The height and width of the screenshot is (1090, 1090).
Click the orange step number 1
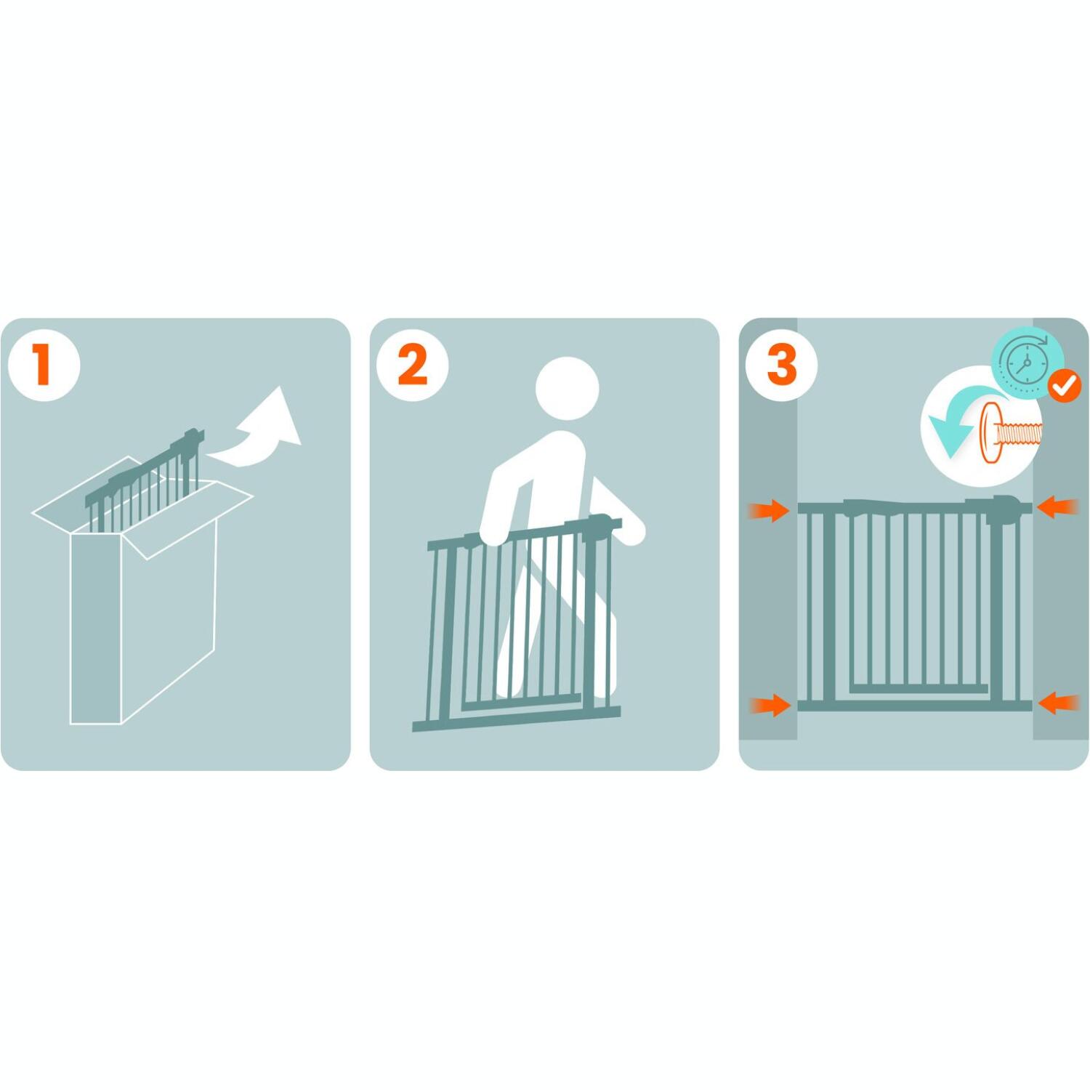click(43, 364)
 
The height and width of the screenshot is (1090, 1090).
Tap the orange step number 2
click(412, 365)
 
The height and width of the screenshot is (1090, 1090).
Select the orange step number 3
click(782, 364)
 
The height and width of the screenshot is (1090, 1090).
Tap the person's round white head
click(567, 389)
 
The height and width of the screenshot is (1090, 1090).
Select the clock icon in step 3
click(1027, 363)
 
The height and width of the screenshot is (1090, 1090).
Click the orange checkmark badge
click(1065, 385)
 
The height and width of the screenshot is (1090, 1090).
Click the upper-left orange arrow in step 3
click(769, 510)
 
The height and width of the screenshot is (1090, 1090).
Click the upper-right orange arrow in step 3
click(1057, 506)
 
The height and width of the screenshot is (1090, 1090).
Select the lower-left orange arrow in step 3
click(770, 705)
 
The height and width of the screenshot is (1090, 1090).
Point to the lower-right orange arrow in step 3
click(1058, 703)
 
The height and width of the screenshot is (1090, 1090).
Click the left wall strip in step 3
click(768, 529)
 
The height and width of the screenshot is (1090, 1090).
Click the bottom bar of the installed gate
click(915, 706)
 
